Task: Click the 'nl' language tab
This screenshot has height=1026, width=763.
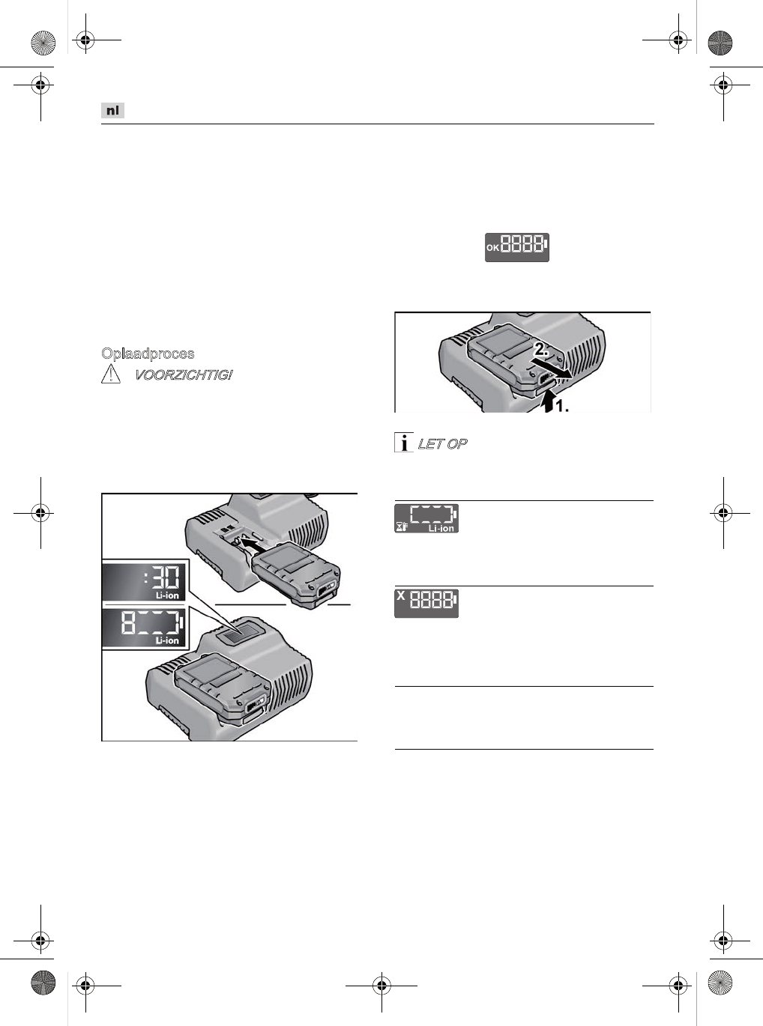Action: click(112, 111)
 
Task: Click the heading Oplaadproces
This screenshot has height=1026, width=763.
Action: click(148, 353)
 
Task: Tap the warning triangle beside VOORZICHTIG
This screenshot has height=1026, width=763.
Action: click(111, 374)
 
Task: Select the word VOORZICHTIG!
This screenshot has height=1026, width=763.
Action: click(184, 374)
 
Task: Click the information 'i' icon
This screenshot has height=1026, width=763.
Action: click(404, 442)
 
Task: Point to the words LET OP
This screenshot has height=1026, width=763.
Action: click(442, 444)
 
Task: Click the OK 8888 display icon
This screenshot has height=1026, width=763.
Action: click(516, 247)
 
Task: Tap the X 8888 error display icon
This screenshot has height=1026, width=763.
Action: click(426, 603)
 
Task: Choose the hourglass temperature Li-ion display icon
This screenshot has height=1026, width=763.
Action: click(426, 518)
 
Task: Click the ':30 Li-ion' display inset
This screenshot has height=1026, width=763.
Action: click(143, 582)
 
